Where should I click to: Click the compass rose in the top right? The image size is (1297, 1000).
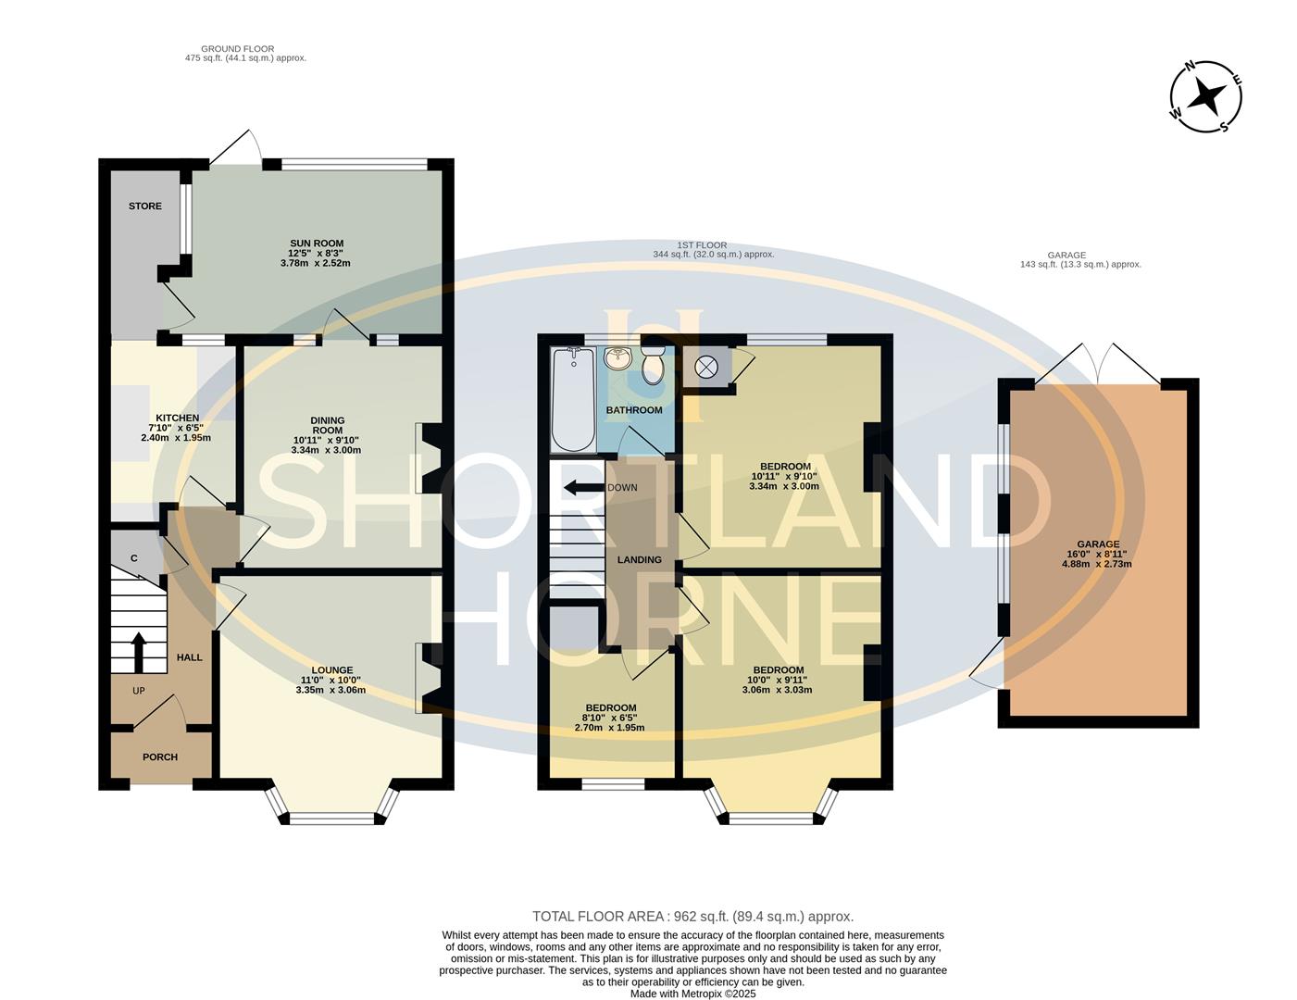coord(1205,96)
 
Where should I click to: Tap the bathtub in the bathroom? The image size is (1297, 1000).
coord(573,399)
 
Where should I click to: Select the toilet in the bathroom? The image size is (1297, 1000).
coord(653,367)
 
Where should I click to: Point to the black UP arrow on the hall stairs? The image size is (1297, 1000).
coord(138,651)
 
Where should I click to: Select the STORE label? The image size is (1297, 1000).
coord(145,206)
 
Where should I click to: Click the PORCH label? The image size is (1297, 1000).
coord(160,757)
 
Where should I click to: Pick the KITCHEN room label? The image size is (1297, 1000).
coord(177,419)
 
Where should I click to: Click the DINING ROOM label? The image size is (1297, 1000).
coord(326,425)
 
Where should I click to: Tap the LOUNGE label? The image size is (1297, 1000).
coord(331,670)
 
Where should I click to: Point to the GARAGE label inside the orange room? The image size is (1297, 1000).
coord(1097,544)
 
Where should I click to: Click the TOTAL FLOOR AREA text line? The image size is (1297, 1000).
coord(692,917)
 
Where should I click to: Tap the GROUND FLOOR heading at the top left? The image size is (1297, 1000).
coord(238,49)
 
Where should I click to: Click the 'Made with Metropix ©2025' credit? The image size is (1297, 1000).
coord(693,994)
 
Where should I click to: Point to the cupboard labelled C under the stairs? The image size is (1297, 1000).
coord(134,558)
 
